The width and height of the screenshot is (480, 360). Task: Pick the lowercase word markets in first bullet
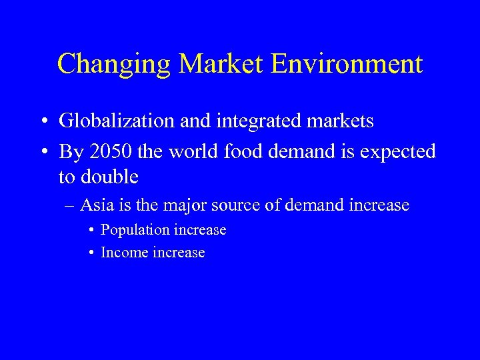coord(339,121)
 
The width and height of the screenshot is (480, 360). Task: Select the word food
coord(238,151)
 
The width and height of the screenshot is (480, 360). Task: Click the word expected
coord(397,152)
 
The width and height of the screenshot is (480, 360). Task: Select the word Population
coord(135,230)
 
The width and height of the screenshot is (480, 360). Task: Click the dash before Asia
coord(70,205)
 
